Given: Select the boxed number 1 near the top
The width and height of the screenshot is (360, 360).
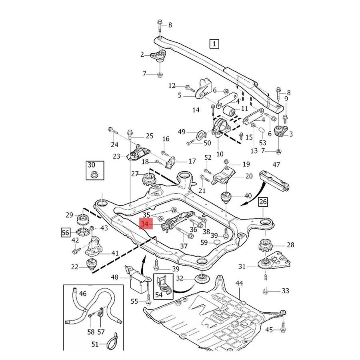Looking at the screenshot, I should (x=215, y=43).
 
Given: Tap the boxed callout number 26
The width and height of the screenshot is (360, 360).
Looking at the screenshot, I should (x=263, y=202).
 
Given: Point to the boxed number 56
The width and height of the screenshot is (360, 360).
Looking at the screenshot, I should (x=66, y=232).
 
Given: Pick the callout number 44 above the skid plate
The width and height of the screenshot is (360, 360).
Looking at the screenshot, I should (x=239, y=284).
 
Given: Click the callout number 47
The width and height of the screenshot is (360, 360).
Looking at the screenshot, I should (x=276, y=164).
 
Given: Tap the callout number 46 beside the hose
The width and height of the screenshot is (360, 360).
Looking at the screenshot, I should (x=82, y=294).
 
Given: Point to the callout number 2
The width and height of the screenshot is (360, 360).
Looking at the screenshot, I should (x=142, y=54).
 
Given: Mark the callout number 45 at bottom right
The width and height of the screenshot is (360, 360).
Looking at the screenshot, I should (x=269, y=330).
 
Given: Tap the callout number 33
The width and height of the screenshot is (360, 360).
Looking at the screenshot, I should (x=285, y=291).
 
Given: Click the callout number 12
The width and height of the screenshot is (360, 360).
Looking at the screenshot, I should (x=172, y=86).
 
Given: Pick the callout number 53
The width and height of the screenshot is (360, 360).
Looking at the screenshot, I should (x=262, y=143).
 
